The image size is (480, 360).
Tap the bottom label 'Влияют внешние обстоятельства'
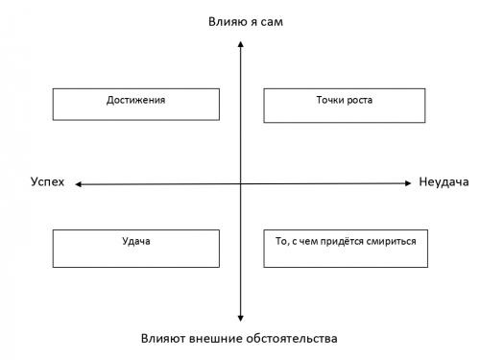(240, 339)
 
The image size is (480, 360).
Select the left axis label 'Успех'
(47, 182)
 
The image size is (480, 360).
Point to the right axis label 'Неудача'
(443, 182)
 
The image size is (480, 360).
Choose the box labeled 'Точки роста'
(344, 105)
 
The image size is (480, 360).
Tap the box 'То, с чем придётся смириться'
(344, 248)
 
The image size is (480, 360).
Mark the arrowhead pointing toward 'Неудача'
(409, 181)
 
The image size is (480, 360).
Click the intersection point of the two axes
(240, 182)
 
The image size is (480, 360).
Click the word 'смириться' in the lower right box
(393, 241)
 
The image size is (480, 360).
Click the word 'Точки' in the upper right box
(328, 99)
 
